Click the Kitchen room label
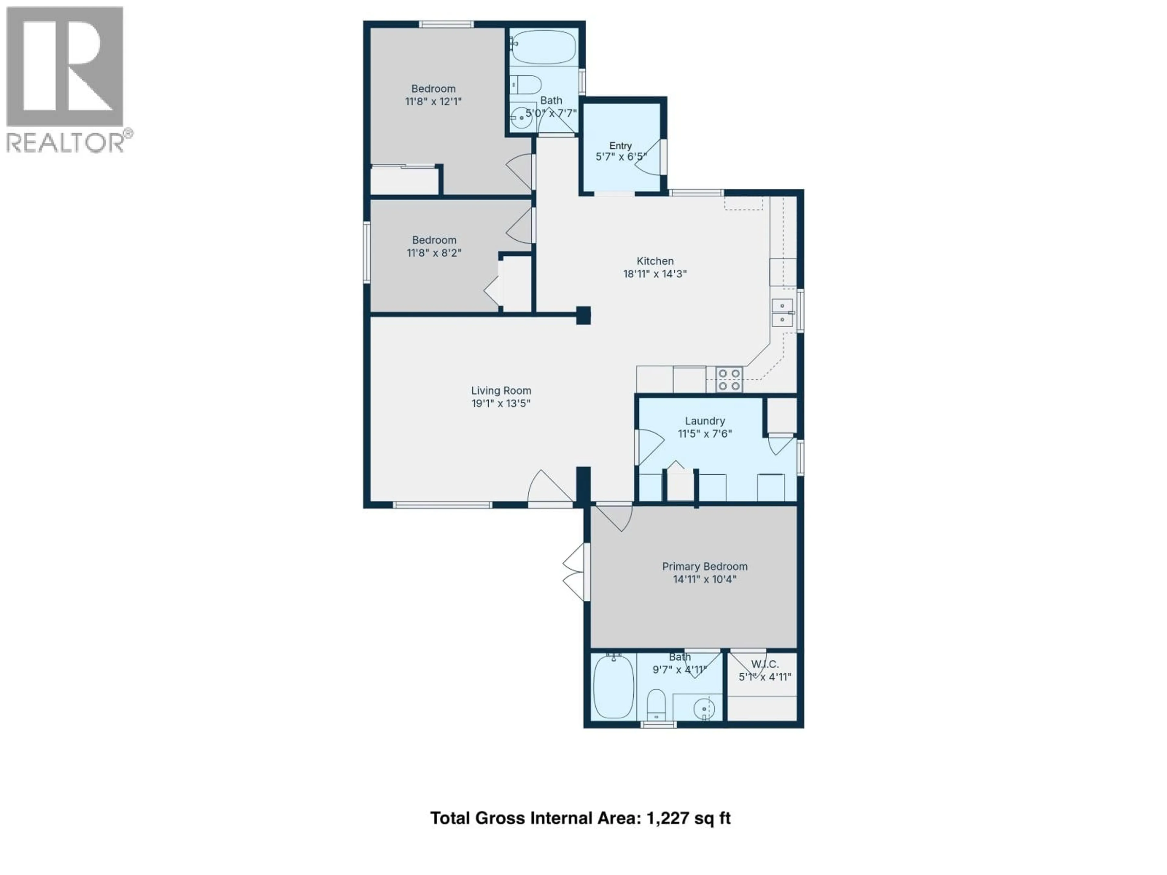pos(655,261)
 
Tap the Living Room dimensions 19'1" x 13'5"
pos(501,403)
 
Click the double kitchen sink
pos(782,313)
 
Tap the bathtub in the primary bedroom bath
pos(613,687)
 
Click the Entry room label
pos(621,146)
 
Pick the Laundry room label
pos(705,421)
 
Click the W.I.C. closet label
pos(764,664)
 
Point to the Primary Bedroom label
pos(705,566)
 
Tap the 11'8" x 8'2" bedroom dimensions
pos(434,253)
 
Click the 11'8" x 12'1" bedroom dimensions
pos(433,101)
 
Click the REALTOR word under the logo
pos(64,142)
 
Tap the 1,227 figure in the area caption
pos(667,818)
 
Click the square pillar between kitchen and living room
pos(583,315)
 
